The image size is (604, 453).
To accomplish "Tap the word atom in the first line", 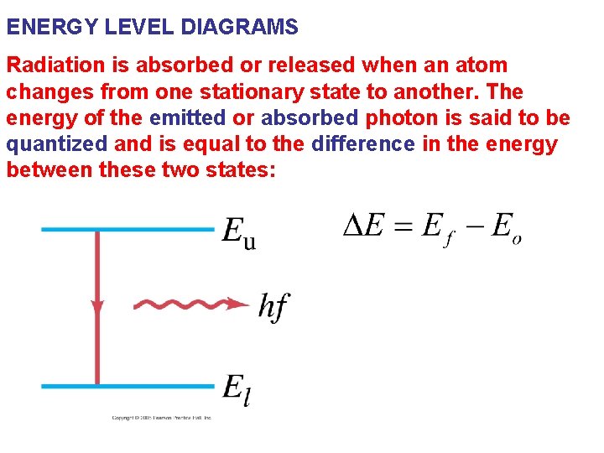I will [x=484, y=65].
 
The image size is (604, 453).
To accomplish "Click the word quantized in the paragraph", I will [x=56, y=144].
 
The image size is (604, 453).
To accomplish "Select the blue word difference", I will [x=362, y=144].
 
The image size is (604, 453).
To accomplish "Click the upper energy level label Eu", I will [x=239, y=232].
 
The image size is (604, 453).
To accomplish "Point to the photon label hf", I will [x=273, y=306].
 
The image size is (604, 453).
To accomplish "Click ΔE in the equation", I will [x=365, y=225].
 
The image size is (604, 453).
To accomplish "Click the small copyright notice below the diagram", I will [x=162, y=418].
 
